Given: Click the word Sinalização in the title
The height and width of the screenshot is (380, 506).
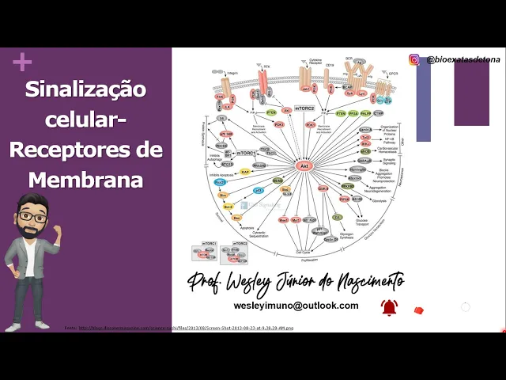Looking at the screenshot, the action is click(85, 89).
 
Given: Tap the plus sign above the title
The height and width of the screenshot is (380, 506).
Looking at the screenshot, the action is click(22, 62).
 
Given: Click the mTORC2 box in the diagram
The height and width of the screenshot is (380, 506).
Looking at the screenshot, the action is click(304, 108).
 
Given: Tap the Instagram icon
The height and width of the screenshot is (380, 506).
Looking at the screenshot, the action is click(414, 59).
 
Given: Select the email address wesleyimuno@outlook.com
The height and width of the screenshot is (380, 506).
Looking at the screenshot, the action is click(296, 305).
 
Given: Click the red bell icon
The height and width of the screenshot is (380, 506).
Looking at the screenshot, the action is click(388, 308).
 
